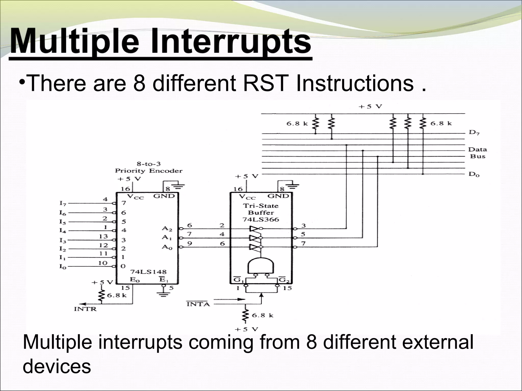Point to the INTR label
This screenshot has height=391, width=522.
point(85,309)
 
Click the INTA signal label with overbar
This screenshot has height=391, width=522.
point(198,304)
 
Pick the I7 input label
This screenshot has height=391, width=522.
point(63,203)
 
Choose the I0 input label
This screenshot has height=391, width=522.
point(63,267)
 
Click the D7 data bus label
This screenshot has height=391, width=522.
point(474,133)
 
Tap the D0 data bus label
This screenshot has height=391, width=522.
point(474,175)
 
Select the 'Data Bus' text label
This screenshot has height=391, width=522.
point(477,153)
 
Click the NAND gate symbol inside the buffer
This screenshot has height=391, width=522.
point(260,266)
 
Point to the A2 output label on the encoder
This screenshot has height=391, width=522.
point(167,229)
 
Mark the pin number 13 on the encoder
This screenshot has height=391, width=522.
point(103,236)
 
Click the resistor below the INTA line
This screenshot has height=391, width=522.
point(245,315)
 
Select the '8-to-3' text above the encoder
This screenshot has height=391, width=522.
point(149,164)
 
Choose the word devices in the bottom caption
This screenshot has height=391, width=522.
point(57,366)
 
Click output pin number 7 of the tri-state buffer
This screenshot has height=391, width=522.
point(303,244)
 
